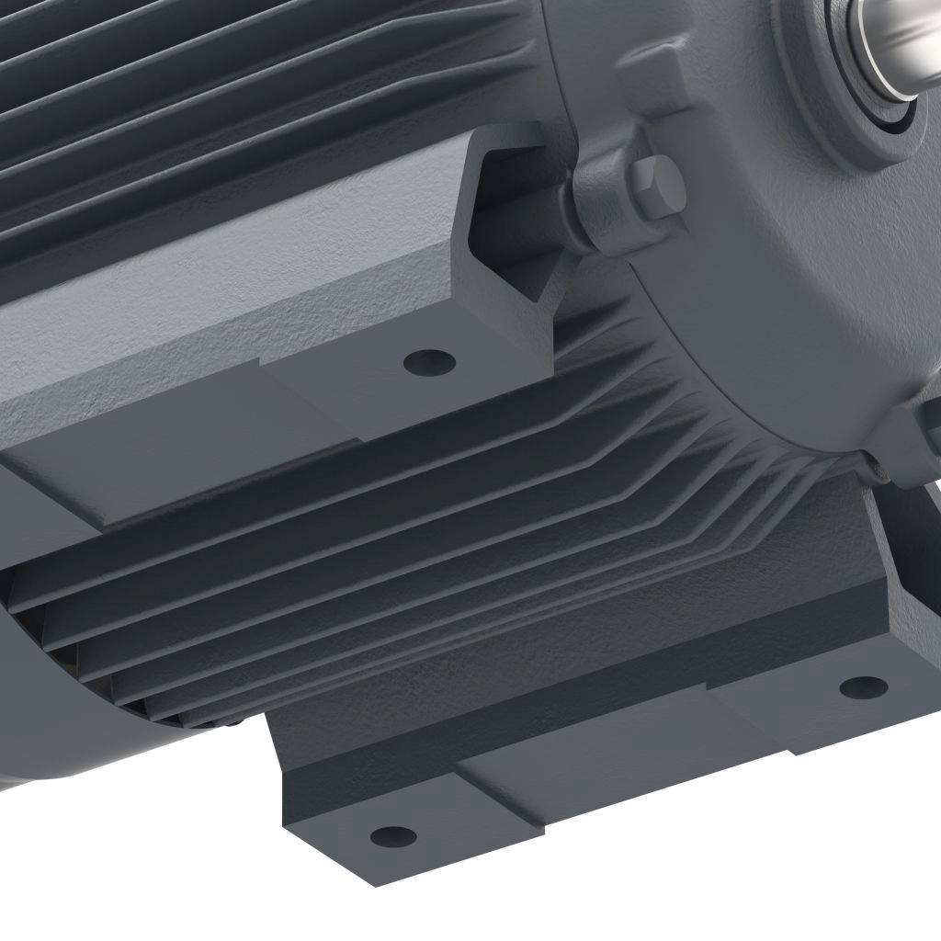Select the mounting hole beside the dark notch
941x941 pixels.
click(x=429, y=361)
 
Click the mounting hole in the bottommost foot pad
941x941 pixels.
click(x=392, y=835)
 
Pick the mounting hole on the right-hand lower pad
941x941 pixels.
click(x=864, y=686)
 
